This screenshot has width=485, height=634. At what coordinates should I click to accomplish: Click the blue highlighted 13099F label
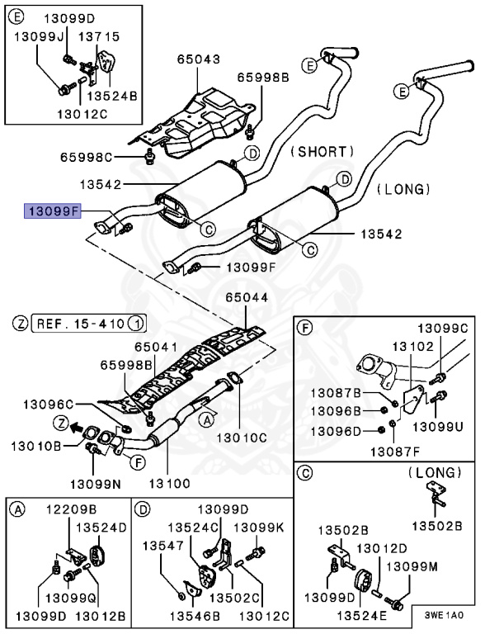coord(52,211)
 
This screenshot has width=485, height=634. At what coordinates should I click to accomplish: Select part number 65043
coord(199,59)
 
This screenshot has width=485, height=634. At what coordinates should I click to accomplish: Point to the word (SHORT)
coord(321,152)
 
